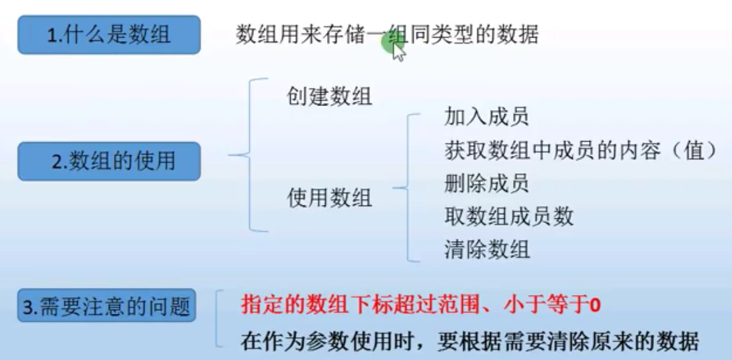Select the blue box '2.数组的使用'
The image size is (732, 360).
(x=109, y=161)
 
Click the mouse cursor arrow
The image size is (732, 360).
(x=399, y=52)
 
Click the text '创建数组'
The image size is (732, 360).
(x=329, y=96)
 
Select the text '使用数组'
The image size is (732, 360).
(x=329, y=197)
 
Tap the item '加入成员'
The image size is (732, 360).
(x=486, y=116)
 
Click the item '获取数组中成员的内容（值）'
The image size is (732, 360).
(x=581, y=150)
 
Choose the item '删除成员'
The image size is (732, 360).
(x=486, y=183)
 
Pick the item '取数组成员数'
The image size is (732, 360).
(x=508, y=216)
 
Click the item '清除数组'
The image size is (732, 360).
(x=486, y=249)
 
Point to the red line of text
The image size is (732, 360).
(x=420, y=306)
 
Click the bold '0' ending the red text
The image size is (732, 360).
(x=594, y=307)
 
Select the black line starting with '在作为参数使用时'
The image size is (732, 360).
(x=469, y=341)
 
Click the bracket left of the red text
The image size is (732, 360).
(x=218, y=318)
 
